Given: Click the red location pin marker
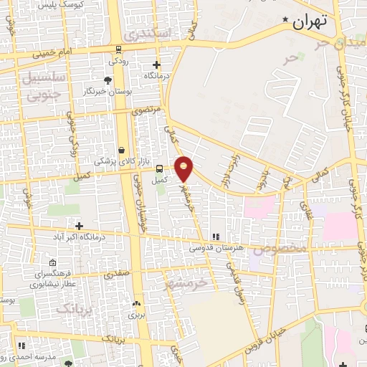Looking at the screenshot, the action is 185,168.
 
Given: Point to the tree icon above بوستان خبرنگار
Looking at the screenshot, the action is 108,80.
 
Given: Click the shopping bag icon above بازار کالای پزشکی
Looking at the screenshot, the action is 121,150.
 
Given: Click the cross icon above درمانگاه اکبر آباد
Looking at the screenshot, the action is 79,226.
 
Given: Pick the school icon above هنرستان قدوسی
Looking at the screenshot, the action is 214,237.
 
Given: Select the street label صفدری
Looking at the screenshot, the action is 116,273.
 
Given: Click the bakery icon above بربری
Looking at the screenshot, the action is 136,303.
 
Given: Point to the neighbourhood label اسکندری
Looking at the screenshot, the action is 147,33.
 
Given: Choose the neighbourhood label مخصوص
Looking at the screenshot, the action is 284,248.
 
